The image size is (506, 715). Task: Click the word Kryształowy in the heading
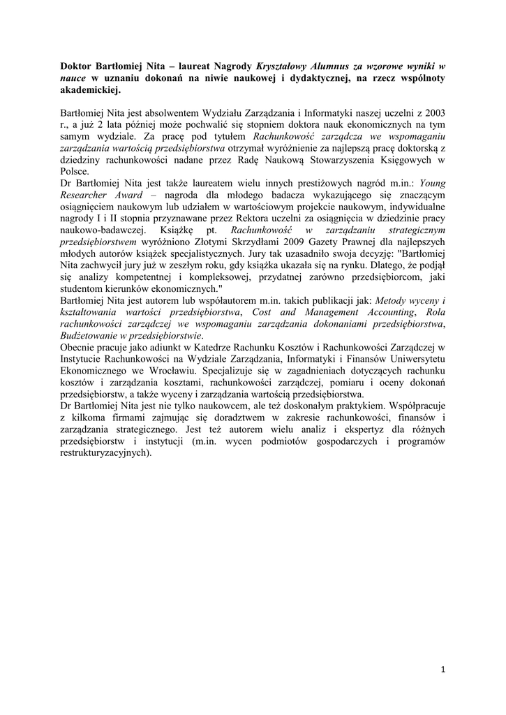point(285,66)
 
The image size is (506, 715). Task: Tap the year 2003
point(434,112)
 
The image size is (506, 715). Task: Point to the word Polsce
point(75,171)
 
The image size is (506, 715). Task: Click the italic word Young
point(433,183)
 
